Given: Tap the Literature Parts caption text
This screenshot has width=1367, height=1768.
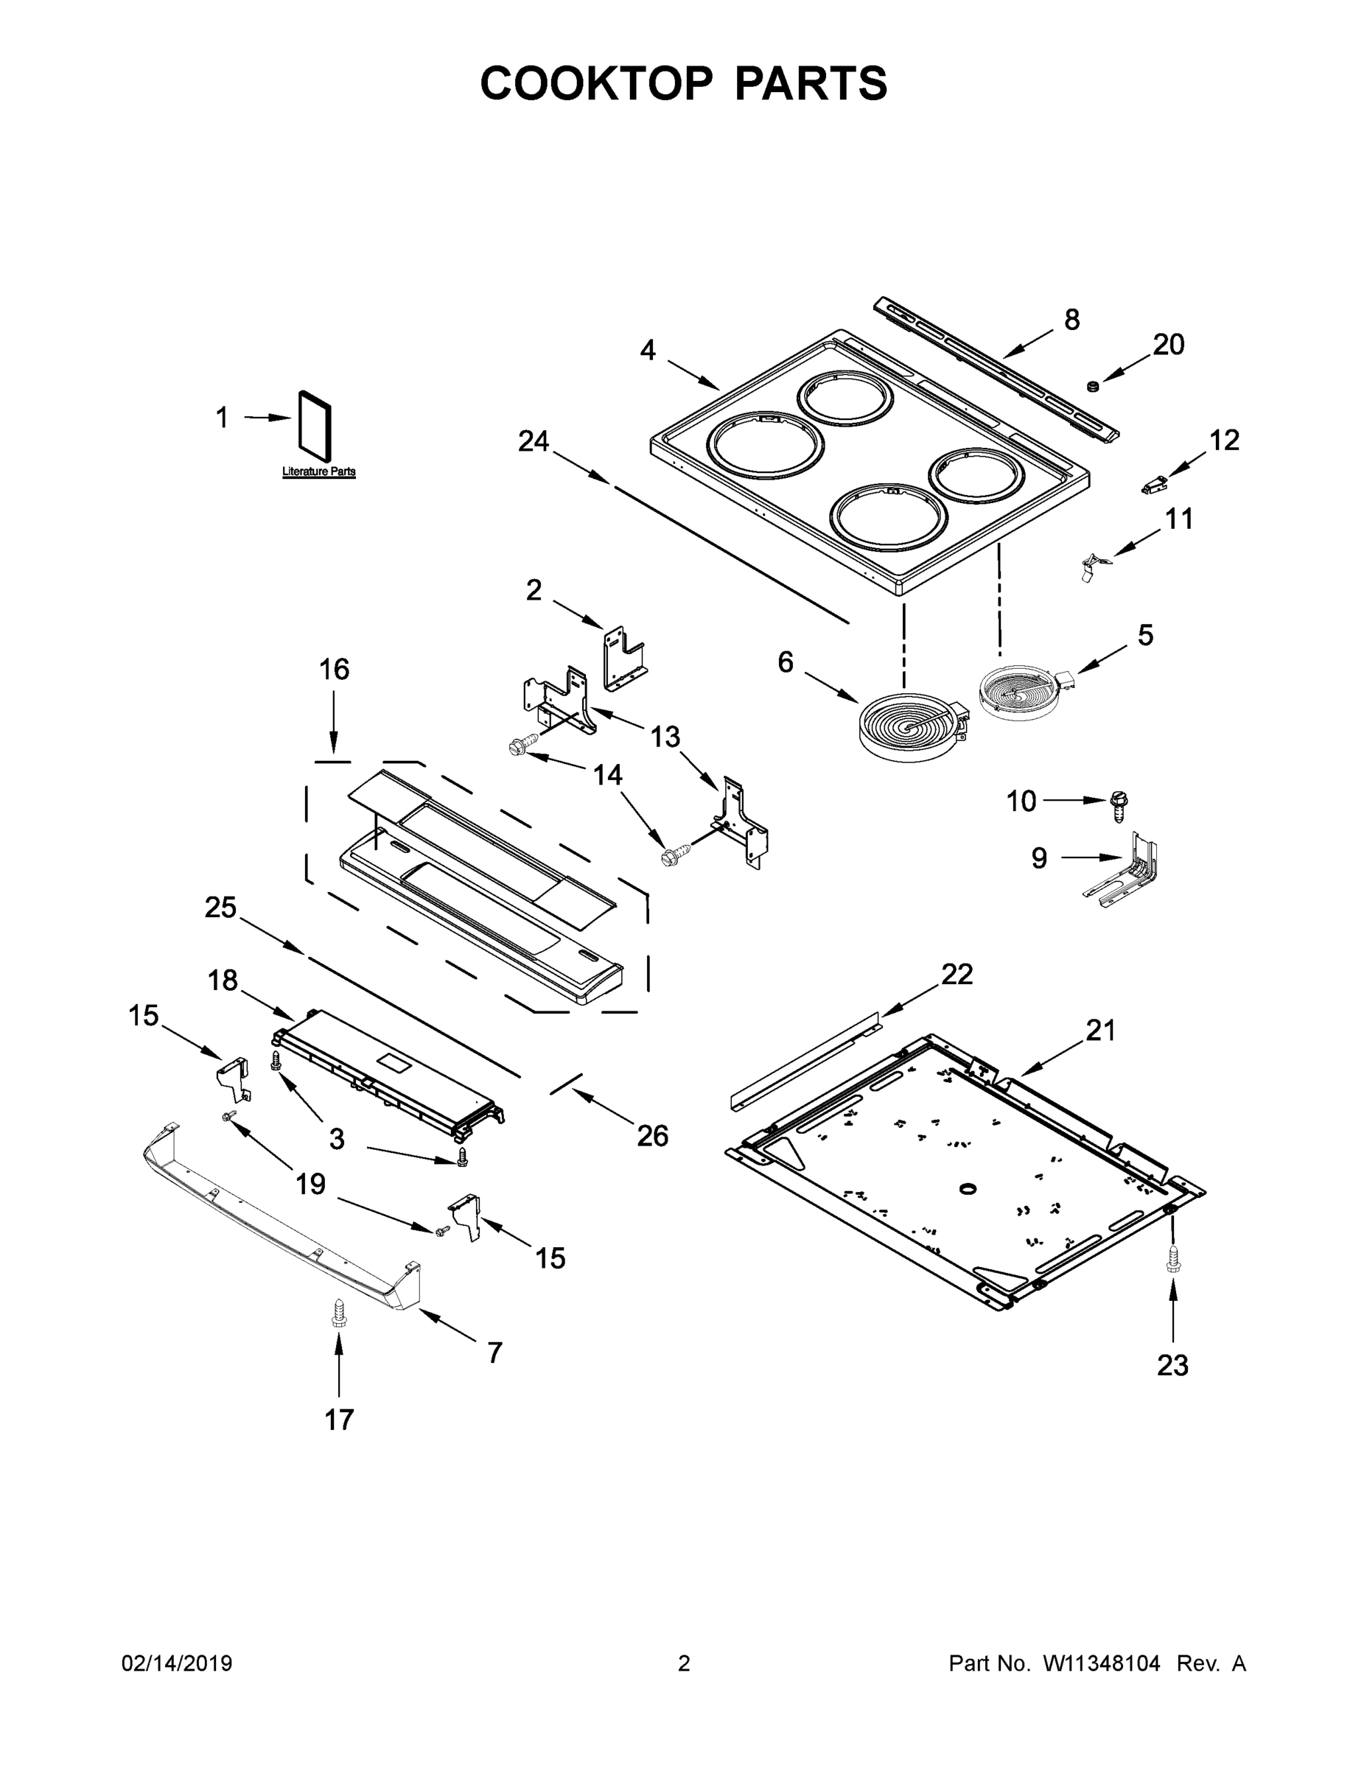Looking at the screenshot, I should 318,471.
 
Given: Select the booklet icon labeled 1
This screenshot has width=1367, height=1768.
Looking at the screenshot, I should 315,422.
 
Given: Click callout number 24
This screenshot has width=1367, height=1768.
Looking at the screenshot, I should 534,441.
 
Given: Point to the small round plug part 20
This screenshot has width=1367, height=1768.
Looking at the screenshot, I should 1091,385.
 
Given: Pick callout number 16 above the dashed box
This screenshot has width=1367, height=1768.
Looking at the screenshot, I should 334,670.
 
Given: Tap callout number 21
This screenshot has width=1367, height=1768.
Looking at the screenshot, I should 1100,1031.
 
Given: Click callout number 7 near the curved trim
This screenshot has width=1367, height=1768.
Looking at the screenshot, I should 494,1352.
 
